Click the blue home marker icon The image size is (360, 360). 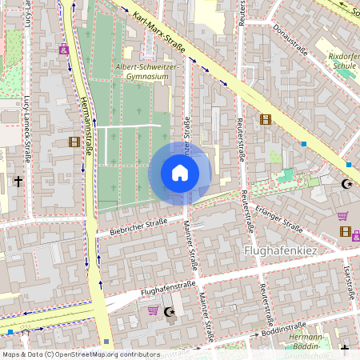point(180,173)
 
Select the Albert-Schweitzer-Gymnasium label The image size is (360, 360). point(147,73)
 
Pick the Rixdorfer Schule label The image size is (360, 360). point(343,62)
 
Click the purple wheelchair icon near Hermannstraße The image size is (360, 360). point(63,49)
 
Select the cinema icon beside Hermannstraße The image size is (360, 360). point(74,142)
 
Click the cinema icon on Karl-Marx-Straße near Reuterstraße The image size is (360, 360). point(266,120)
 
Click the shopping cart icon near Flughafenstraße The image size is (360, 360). point(153,310)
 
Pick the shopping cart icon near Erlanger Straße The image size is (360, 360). point(342,215)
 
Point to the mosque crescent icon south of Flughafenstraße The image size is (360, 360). point(168,311)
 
